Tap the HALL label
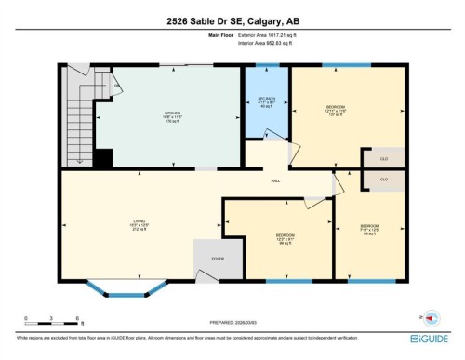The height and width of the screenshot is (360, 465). pos(275,180)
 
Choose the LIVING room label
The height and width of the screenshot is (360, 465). pos(137,224)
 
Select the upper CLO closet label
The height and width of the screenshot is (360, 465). pos(383,159)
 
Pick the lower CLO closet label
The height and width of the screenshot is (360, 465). pos(383,179)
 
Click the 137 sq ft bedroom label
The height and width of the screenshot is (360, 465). pos(338,111)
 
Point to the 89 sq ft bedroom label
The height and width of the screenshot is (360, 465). pos(370,229)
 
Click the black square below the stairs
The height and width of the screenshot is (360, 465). pos(103,159)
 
